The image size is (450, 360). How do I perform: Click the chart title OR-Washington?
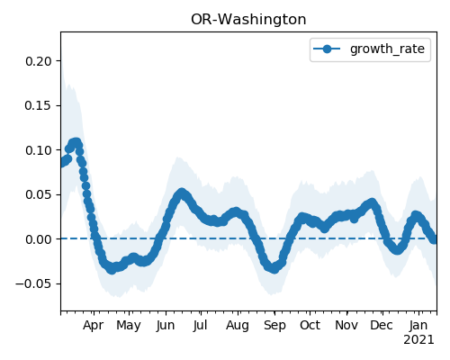(248, 20)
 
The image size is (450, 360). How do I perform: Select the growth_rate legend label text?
(387, 49)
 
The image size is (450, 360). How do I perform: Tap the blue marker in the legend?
(327, 49)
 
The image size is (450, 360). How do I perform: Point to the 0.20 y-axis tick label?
(39, 61)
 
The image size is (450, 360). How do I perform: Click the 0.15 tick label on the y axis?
(39, 105)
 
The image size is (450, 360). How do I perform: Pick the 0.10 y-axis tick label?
(39, 150)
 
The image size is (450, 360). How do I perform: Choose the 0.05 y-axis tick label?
(39, 194)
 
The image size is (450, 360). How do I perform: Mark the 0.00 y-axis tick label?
(39, 239)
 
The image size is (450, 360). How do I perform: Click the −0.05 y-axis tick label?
(34, 283)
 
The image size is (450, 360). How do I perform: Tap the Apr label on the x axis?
(94, 325)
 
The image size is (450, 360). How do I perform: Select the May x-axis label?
(129, 326)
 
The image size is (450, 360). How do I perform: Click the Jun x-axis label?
(166, 325)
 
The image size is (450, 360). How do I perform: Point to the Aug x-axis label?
(238, 326)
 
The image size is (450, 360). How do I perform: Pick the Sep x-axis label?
(274, 326)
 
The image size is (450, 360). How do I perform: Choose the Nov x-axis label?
(346, 325)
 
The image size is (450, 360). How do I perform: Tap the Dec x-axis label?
(382, 325)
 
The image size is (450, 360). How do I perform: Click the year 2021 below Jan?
(418, 340)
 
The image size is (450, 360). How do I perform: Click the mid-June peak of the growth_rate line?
(181, 193)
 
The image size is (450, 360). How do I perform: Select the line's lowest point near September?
(274, 269)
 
